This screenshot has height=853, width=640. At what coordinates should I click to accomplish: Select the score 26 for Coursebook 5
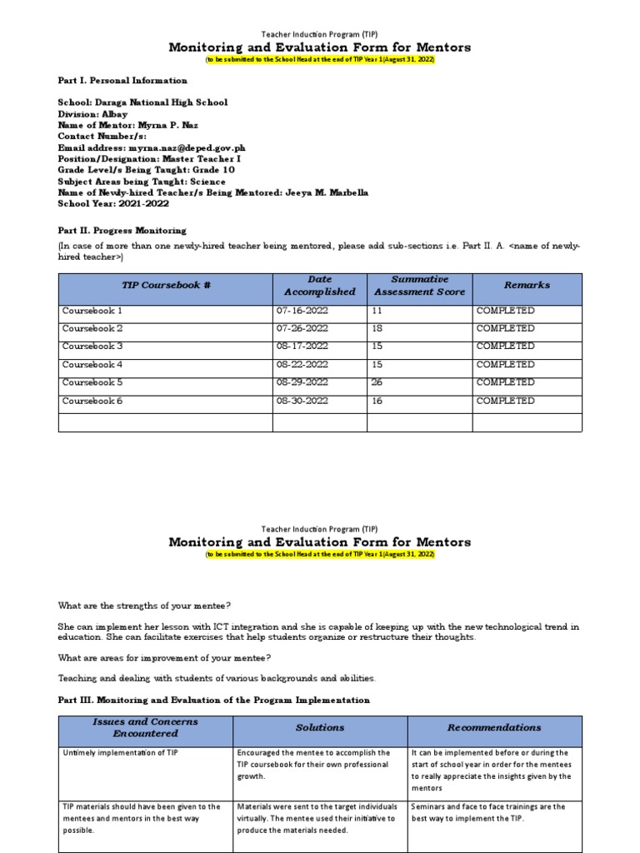[x=377, y=382]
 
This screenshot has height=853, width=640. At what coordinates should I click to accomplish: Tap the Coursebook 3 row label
[x=92, y=347]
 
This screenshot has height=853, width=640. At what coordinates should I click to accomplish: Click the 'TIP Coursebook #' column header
[x=166, y=285]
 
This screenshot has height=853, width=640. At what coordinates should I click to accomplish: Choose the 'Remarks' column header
[x=527, y=285]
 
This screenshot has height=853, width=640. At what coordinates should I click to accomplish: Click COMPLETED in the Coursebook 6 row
[x=505, y=401]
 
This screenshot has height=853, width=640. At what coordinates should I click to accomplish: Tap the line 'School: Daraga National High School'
[x=142, y=102]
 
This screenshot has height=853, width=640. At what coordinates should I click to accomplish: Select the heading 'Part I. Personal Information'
[x=122, y=81]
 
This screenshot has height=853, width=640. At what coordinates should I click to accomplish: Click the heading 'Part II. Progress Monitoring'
[x=122, y=230]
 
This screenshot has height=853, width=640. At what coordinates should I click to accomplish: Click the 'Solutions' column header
[x=320, y=727]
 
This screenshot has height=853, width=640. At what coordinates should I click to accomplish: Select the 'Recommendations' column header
[x=494, y=727]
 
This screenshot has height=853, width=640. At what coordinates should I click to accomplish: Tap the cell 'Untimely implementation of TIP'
[x=120, y=753]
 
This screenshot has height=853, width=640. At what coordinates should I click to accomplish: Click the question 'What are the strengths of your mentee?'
[x=144, y=605]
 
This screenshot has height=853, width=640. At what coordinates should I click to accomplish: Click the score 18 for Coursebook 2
[x=377, y=329]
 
